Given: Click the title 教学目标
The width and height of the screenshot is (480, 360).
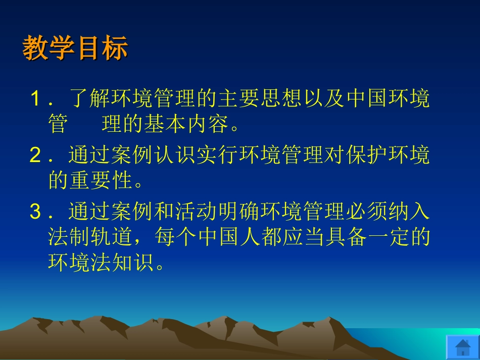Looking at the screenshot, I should [75, 48].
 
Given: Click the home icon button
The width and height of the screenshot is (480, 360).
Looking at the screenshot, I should [462, 347].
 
